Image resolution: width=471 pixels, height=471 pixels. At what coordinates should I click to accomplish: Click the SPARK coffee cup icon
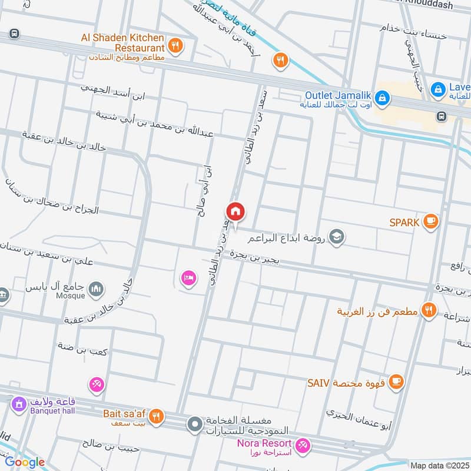pos(431,221)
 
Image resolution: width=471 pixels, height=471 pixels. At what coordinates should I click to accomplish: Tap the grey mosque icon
pos(96,288)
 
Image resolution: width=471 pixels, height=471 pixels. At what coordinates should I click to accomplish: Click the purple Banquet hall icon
pos(18,404)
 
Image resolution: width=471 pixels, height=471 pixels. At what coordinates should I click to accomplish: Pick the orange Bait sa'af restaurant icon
pos(156,416)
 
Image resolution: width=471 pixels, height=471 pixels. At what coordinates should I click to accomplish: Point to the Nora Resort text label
pos(264,443)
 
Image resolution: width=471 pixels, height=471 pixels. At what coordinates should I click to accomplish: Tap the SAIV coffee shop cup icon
pos(397,382)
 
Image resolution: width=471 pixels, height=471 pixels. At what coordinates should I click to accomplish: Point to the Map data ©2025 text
pos(439,465)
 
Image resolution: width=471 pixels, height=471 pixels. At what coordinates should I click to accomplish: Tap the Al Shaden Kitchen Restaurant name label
pos(122,42)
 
